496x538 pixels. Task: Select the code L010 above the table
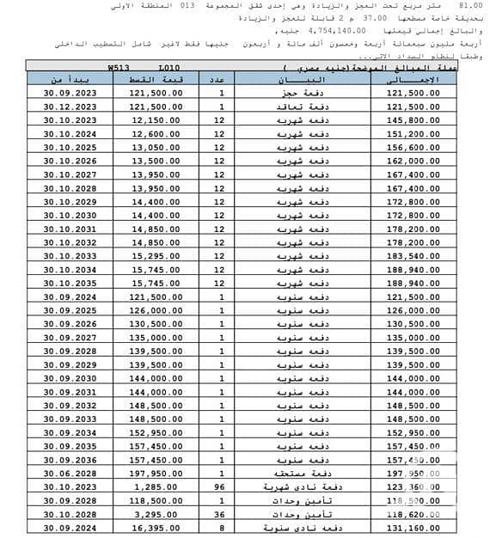[x=170, y=65]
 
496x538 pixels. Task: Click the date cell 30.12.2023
[x=65, y=107]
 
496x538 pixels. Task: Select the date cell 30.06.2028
[x=65, y=474]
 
